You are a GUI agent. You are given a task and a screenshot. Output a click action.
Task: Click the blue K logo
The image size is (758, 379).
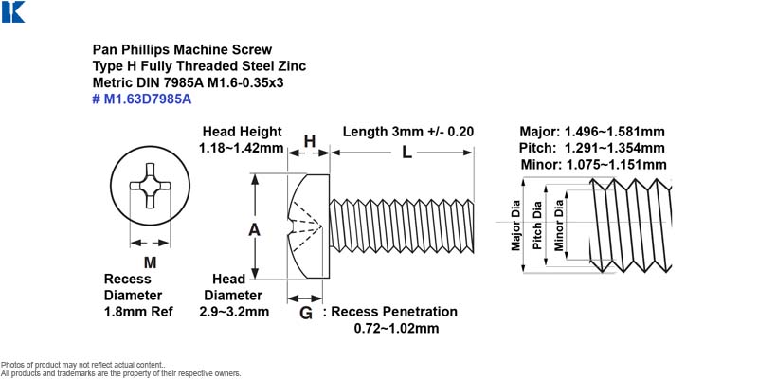[x=13, y=11]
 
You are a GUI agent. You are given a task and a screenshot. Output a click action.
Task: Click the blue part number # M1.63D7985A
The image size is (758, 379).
[x=142, y=99]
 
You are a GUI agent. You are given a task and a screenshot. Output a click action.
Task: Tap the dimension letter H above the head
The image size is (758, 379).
[x=310, y=141]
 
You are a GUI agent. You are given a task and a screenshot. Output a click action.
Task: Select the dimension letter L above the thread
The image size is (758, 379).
[x=407, y=153]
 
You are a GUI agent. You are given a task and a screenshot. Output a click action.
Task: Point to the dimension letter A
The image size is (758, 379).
[x=254, y=229]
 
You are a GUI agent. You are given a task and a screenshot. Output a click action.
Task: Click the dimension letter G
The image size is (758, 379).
[x=306, y=314]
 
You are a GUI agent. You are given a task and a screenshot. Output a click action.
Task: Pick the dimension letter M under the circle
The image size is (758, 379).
[x=151, y=262]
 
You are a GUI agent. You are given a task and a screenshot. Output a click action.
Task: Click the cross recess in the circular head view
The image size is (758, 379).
[x=150, y=186]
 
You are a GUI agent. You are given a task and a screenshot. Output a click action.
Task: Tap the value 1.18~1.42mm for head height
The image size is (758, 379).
[x=242, y=148]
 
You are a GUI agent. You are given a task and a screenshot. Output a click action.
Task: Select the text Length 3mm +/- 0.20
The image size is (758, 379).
[x=408, y=132]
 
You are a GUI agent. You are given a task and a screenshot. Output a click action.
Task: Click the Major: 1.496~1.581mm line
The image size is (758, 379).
[x=592, y=132]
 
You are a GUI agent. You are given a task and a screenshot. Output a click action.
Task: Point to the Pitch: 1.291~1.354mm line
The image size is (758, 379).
[x=592, y=148]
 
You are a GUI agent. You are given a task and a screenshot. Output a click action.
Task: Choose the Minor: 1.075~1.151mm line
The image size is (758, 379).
[x=594, y=164]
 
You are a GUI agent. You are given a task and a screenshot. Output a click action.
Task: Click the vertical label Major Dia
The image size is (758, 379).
[x=515, y=226]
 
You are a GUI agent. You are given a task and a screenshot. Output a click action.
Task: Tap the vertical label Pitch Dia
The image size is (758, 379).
[x=536, y=225]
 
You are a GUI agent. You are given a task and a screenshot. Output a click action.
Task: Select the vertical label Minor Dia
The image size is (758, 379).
[x=559, y=225]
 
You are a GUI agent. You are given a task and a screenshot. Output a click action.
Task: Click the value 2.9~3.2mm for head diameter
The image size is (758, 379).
[x=234, y=312]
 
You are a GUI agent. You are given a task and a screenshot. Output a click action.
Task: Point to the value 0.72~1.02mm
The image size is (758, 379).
[x=396, y=329]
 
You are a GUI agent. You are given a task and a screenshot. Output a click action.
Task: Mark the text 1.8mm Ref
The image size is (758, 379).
[x=138, y=312]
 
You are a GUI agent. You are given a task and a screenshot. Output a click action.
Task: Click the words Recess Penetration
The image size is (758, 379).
[x=394, y=312]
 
